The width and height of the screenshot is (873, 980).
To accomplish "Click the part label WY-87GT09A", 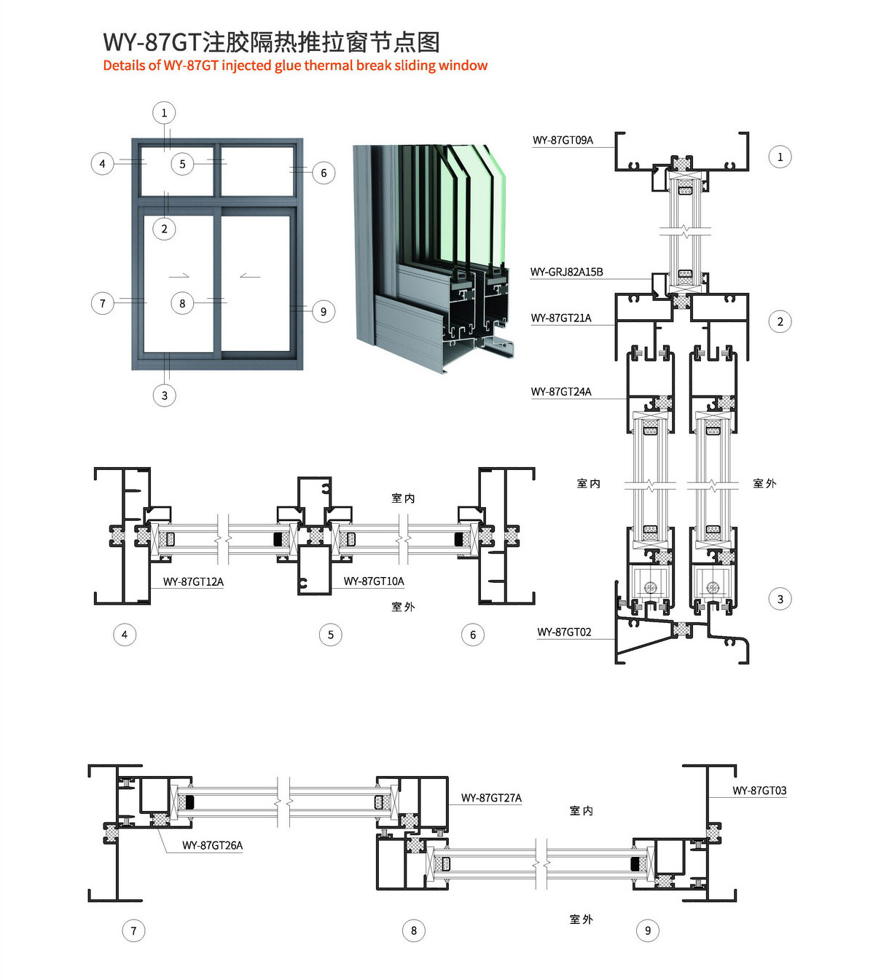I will coord(563,140).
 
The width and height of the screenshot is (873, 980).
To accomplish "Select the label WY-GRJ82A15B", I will coord(566,272).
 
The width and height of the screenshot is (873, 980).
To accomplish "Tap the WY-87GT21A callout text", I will coord(560,318).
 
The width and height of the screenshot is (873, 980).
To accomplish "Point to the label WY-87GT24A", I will coord(560,391).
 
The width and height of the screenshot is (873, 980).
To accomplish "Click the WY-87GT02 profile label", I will coord(564,632).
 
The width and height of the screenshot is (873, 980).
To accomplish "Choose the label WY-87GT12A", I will coord(193,581).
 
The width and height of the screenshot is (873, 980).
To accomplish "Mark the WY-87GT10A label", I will coord(374,581).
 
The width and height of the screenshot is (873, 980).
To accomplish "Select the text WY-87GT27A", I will coord(491,798).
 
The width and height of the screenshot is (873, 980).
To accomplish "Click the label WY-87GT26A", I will coord(212,845).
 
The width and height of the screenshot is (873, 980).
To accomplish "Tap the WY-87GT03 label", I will coord(759,791).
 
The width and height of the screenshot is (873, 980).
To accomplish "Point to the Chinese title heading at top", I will coord(271,42).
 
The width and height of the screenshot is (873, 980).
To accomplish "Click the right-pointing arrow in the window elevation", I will coord(179,275).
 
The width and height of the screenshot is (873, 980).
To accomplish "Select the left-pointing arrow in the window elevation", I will coord(250,275).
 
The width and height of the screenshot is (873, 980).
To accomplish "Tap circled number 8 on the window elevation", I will coord(182,303).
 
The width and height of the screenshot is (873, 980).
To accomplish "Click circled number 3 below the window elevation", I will coord(165,396).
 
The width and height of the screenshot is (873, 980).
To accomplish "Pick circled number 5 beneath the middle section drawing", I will coord(330,635).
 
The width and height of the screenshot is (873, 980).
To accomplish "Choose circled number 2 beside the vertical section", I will coord(780,321).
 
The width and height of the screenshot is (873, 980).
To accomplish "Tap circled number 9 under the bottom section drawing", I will coord(647,930).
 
